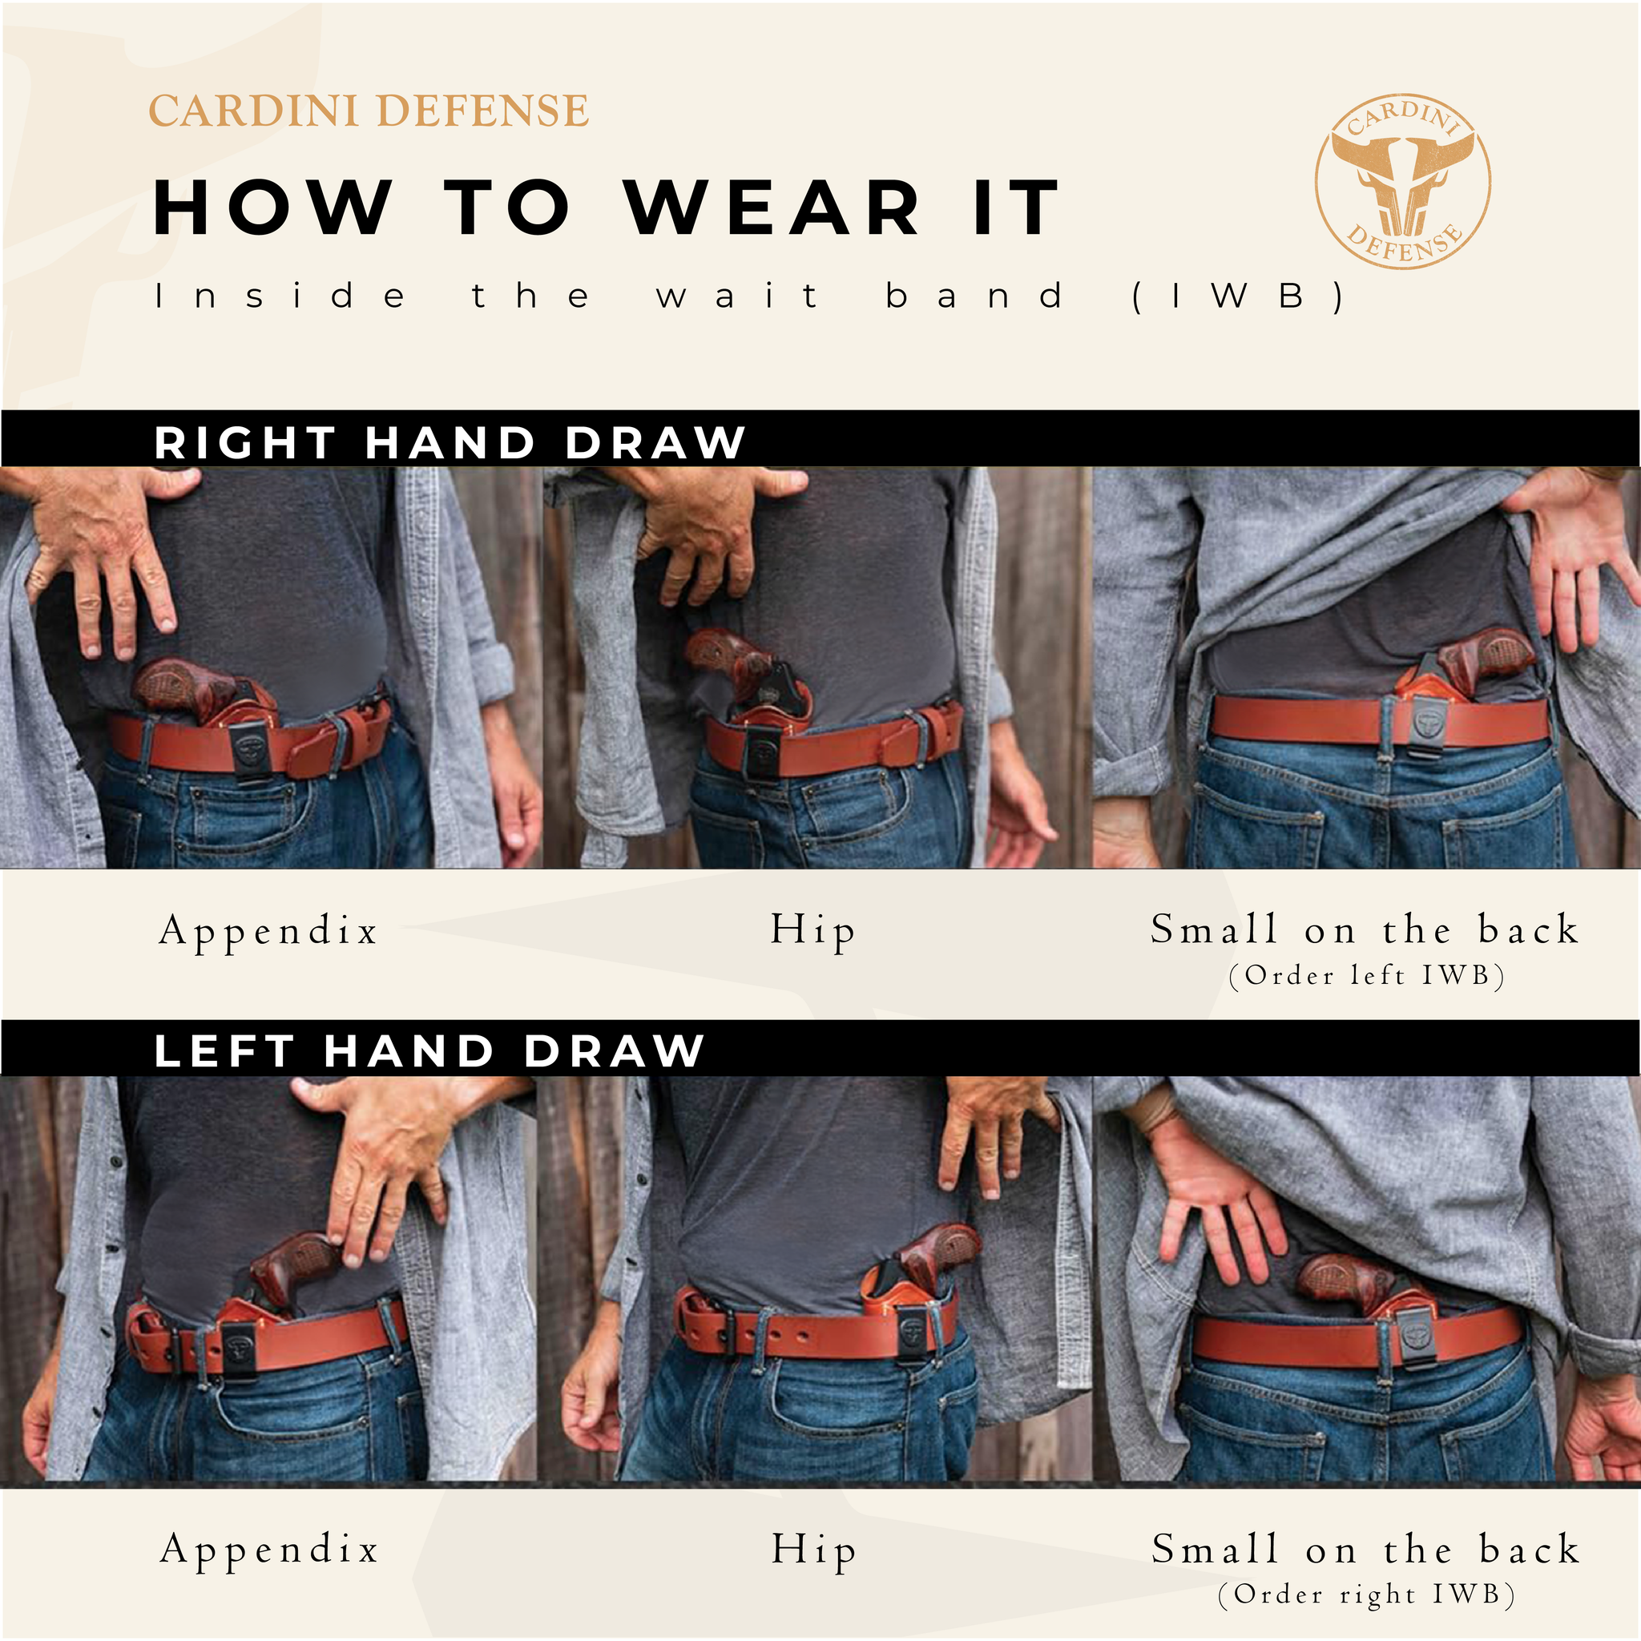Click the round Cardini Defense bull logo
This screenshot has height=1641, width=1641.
point(1402,182)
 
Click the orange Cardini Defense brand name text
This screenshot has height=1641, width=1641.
point(369,111)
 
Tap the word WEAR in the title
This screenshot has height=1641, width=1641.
point(772,208)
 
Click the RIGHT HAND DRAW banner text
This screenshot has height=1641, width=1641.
point(450,442)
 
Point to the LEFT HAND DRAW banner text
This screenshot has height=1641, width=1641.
point(429,1050)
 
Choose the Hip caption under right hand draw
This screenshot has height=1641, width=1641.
point(812,932)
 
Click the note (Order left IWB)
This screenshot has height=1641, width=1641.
point(1367,975)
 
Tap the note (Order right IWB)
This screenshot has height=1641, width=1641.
point(1367,1595)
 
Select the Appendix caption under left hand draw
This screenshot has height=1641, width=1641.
point(269,1551)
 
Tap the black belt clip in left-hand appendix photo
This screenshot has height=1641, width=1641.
point(242,1348)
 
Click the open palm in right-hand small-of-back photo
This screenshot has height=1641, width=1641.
point(1580,552)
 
